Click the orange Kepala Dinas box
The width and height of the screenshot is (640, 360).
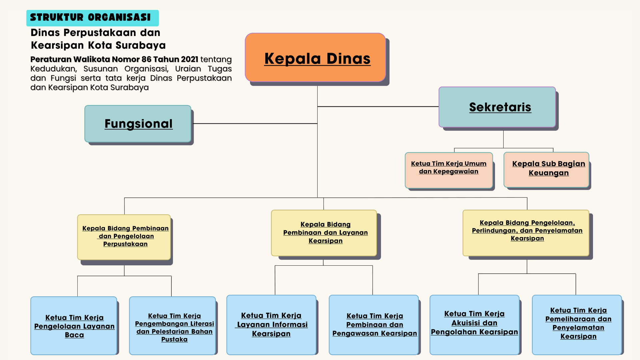point(315,57)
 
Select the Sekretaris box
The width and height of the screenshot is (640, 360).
point(497,107)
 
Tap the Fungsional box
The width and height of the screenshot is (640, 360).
point(138,124)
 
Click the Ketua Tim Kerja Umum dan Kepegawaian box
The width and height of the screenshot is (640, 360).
point(449,170)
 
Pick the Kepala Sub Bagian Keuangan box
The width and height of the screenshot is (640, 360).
point(546,170)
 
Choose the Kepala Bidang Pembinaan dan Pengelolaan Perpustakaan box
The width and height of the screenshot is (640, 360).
point(124,237)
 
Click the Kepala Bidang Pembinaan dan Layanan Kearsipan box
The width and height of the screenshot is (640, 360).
point(324,233)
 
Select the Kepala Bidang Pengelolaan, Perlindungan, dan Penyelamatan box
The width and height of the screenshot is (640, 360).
point(526,233)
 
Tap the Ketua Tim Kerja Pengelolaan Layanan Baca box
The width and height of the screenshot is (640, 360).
point(74,326)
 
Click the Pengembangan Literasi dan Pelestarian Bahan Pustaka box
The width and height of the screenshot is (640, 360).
point(172,326)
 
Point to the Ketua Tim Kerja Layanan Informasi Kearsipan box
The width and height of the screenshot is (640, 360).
point(271,325)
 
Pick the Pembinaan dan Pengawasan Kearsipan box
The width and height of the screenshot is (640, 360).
point(374,325)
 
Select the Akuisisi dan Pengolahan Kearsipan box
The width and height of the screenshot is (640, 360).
point(474,325)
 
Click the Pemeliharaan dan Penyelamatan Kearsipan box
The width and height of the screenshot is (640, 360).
point(577,325)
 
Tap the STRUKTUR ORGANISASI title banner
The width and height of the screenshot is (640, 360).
point(92,18)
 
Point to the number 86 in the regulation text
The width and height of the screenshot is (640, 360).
point(146,59)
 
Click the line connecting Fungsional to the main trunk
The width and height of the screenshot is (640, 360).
point(255,124)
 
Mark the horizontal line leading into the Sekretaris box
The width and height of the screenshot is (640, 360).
point(378,107)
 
